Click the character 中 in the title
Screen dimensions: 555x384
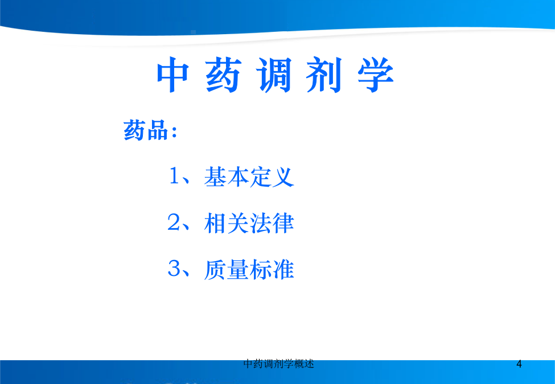172,75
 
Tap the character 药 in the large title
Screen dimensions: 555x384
223,75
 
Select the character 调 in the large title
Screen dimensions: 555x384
275,75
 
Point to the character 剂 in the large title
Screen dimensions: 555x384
324,75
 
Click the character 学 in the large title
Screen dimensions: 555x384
376,75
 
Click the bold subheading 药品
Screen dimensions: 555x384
146,130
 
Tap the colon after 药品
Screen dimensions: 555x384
174,132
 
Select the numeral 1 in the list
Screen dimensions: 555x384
175,176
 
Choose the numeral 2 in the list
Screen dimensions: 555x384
174,222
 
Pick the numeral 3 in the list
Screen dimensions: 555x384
174,269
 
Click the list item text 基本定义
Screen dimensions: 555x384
249,176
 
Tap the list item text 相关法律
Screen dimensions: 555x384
249,223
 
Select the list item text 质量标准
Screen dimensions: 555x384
249,270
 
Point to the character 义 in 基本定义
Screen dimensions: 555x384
283,176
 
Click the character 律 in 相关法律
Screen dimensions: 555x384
283,223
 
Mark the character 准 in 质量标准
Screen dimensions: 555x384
283,270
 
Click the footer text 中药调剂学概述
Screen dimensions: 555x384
279,364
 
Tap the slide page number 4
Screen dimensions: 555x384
519,364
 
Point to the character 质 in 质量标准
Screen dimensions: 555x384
215,270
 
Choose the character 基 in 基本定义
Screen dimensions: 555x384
215,176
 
